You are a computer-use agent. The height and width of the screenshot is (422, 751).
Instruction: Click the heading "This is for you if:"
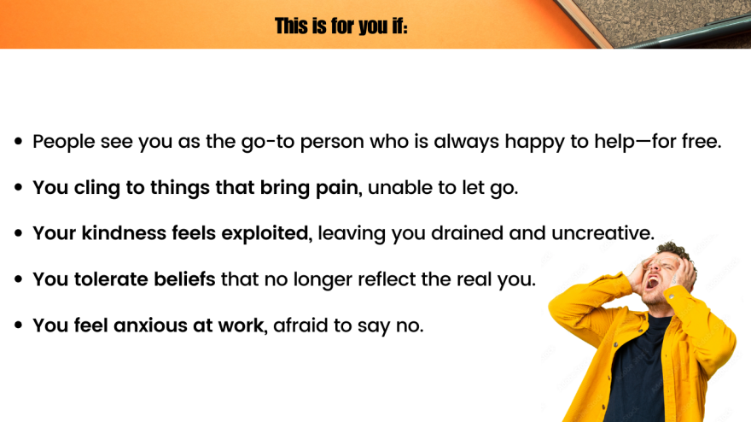[x=341, y=26]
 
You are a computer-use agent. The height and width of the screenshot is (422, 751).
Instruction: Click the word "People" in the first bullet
[x=64, y=142]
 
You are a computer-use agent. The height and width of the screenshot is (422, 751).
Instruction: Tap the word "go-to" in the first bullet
[x=268, y=143]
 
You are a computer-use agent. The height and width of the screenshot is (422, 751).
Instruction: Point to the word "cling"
[x=96, y=187]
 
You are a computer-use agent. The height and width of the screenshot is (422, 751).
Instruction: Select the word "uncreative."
[x=603, y=233]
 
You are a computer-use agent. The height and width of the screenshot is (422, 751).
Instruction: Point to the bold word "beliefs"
[x=184, y=279]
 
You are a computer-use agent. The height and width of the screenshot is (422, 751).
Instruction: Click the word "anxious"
[x=150, y=325]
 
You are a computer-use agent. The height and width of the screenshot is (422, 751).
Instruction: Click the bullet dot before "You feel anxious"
[x=19, y=325]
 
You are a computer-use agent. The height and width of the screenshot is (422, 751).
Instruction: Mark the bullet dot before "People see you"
[x=19, y=142]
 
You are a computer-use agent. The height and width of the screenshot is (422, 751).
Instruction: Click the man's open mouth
[x=652, y=283]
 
